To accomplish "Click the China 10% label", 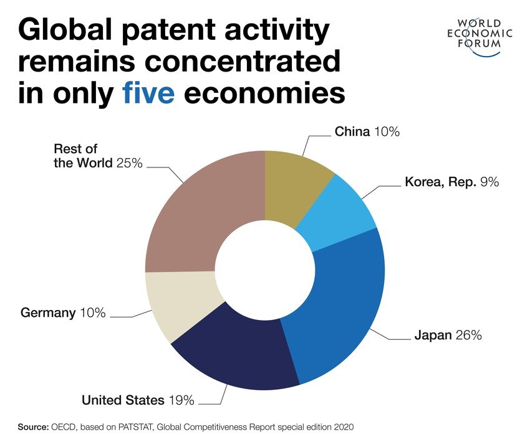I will [x=367, y=131].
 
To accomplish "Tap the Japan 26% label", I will [x=448, y=336].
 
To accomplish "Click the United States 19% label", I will [x=138, y=399].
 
